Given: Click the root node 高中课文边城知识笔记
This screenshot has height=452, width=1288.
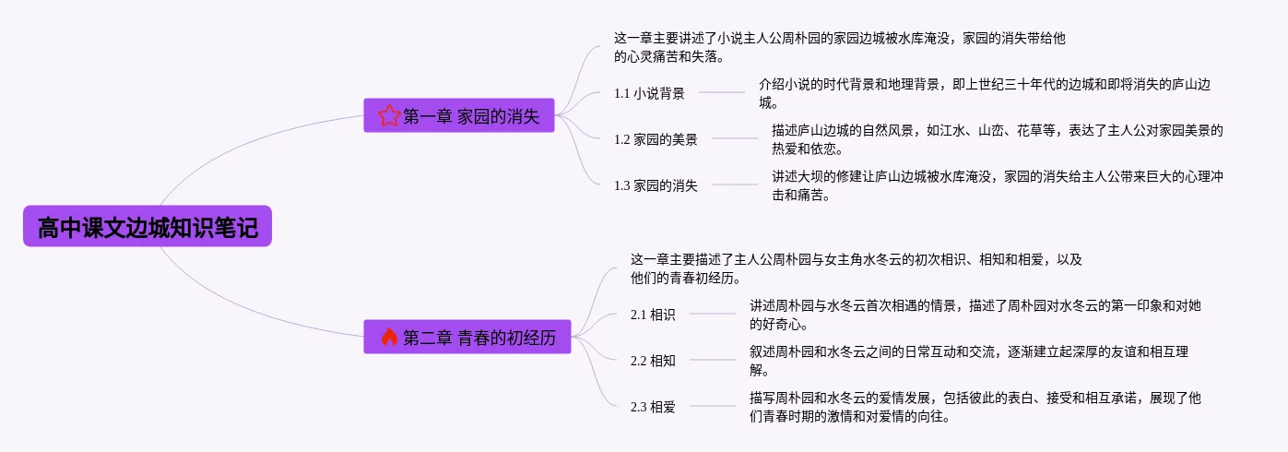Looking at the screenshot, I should click(x=148, y=227).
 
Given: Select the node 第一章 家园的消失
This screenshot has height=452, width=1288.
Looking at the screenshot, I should click(x=459, y=115).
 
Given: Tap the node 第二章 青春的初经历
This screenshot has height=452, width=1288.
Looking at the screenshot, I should click(x=467, y=337).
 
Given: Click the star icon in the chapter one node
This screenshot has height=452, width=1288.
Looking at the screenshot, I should click(x=389, y=115).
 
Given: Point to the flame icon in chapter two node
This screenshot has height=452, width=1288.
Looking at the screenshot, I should click(x=388, y=337).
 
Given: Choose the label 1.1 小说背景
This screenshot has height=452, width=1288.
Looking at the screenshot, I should click(x=649, y=92).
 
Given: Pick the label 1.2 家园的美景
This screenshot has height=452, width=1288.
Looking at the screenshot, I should click(x=656, y=139).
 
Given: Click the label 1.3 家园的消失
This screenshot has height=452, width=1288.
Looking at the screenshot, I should click(x=656, y=184).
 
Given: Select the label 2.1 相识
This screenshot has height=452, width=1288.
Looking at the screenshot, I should click(x=653, y=315).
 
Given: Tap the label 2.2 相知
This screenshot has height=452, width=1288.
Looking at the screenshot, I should click(x=653, y=361).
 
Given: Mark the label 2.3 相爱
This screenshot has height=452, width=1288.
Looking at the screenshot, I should click(x=653, y=406).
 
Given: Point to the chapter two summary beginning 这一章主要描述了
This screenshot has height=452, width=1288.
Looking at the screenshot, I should click(x=856, y=268).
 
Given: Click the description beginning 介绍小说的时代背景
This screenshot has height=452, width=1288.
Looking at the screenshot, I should click(x=984, y=93).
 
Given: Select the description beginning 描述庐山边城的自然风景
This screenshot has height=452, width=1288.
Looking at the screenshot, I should click(x=997, y=139).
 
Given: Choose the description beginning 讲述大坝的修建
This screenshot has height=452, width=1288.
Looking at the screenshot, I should click(x=997, y=184).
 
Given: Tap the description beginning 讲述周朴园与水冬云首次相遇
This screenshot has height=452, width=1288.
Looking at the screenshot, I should click(x=975, y=315).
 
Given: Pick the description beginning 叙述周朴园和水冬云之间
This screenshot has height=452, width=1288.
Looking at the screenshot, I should click(x=969, y=361).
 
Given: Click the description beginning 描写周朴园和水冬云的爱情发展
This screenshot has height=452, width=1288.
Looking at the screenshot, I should click(x=975, y=407).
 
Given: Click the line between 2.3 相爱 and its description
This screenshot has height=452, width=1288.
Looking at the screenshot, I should click(x=713, y=406).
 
